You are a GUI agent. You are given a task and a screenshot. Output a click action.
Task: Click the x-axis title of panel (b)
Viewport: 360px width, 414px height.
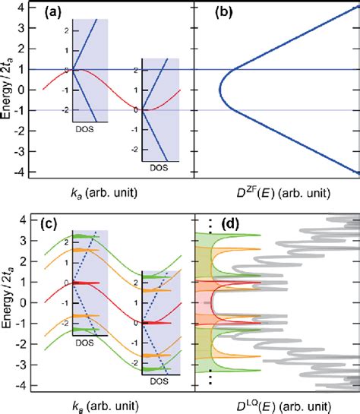tap(276, 193)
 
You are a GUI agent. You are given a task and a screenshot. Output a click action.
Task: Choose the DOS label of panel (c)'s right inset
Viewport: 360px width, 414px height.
tap(160, 378)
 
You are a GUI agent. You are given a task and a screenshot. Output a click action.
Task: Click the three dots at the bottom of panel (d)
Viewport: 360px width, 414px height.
tap(209, 378)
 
